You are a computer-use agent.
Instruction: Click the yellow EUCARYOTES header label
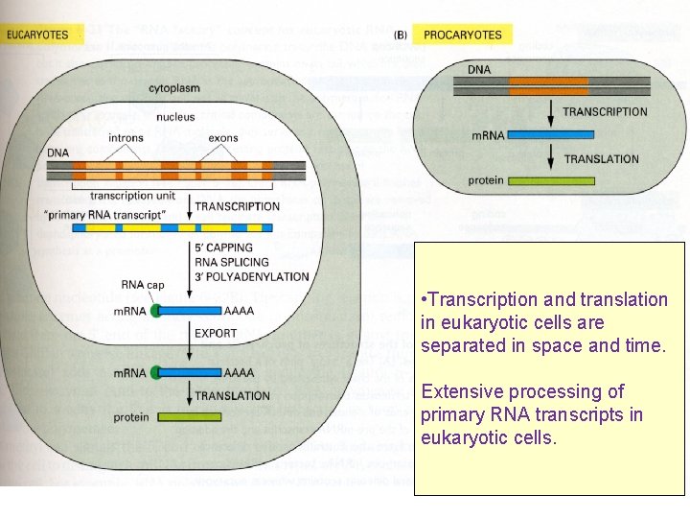tap(38, 35)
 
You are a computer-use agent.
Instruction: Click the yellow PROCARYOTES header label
tap(462, 35)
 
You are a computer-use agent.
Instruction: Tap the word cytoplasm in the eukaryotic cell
tap(174, 88)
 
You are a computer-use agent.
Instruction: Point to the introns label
tap(126, 138)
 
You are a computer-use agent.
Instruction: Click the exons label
tap(223, 138)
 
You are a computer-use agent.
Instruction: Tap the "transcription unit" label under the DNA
tap(135, 196)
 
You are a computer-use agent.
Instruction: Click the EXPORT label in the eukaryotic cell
tap(217, 334)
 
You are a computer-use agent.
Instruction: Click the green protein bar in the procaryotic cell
tap(538, 180)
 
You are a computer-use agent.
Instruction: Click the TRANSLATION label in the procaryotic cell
tap(601, 159)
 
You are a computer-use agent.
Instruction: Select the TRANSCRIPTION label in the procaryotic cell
tap(605, 112)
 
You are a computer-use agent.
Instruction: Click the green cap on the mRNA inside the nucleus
tap(155, 311)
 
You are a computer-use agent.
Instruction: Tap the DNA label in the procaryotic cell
tap(480, 70)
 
